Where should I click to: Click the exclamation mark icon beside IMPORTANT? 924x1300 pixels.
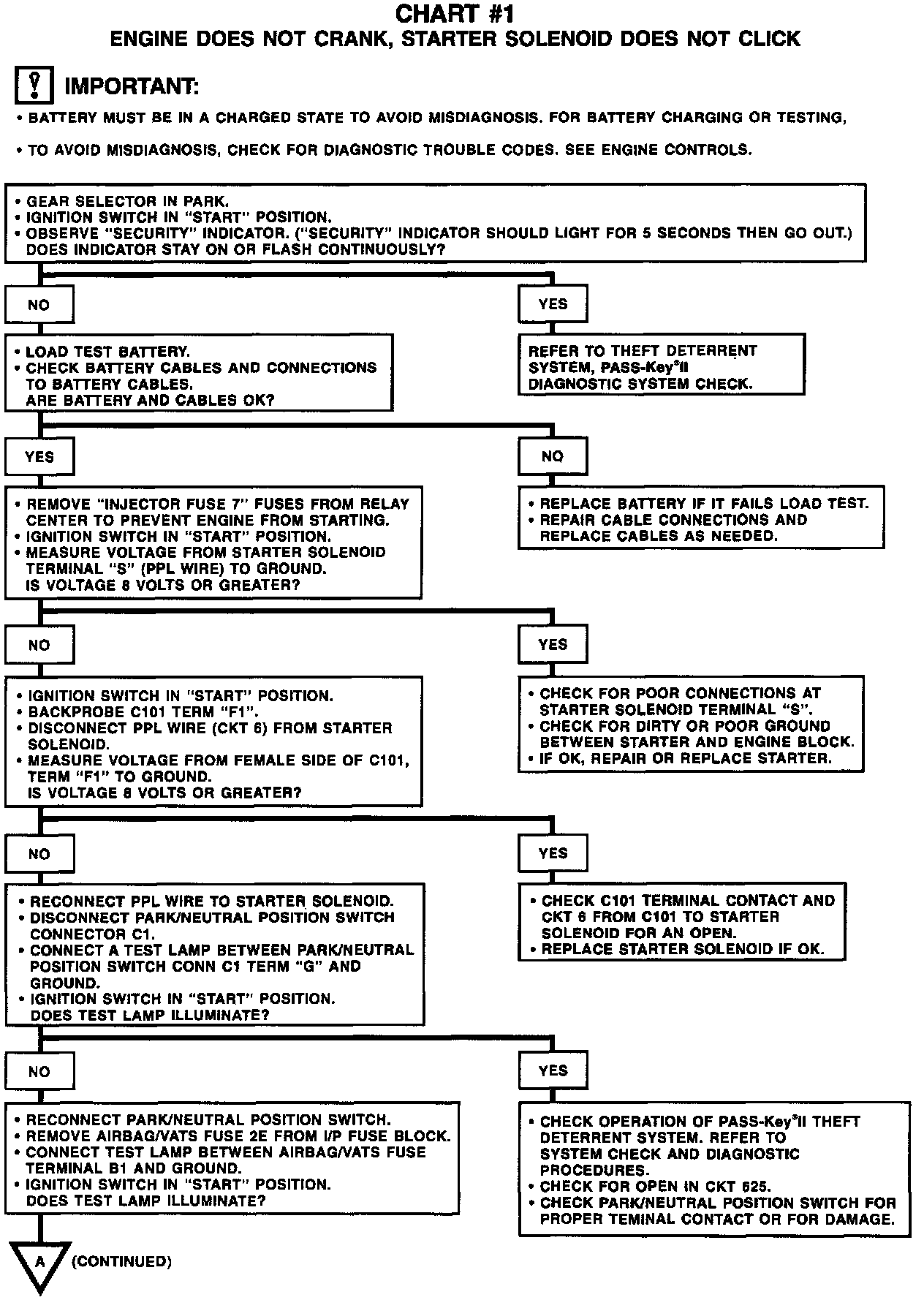pos(34,85)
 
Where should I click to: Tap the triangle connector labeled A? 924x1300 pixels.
pos(40,1265)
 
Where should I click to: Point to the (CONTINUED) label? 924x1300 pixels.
pos(122,1261)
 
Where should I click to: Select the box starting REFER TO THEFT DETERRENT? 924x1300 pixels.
pos(662,366)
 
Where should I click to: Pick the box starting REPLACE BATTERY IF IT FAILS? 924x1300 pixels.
pos(701,519)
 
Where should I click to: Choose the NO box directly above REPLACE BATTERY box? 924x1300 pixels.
pos(553,456)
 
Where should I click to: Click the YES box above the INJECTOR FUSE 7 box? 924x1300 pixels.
pos(39,457)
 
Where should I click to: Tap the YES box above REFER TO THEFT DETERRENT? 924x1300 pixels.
pos(553,304)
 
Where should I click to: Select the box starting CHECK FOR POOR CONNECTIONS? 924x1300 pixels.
pos(691,725)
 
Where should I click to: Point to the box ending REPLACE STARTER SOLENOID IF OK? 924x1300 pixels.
pos(681,923)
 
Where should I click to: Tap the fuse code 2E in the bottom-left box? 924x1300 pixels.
pos(308,1136)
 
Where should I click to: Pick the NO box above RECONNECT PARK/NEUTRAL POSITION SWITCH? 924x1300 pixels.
pos(39,1071)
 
